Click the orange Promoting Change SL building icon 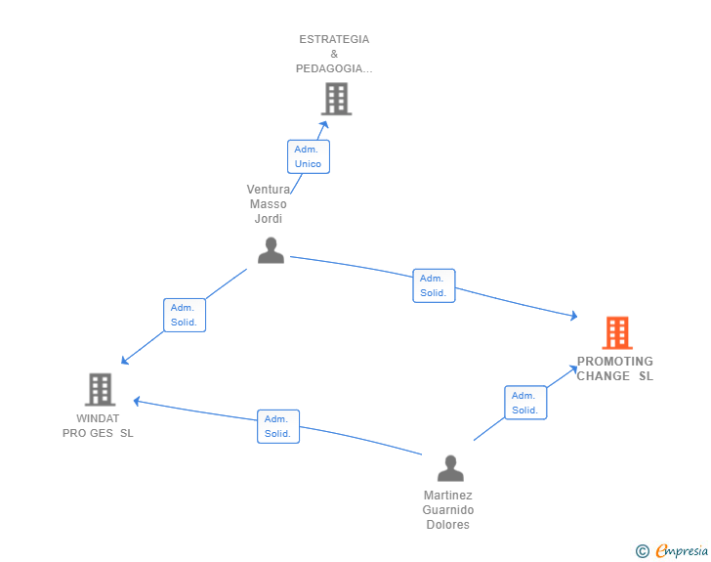[616, 333]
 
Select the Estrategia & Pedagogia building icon [335, 99]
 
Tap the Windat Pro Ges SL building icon [100, 389]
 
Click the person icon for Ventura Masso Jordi [271, 251]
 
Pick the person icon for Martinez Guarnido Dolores [450, 469]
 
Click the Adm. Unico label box [309, 156]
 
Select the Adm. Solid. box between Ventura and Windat [185, 315]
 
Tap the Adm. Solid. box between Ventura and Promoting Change [434, 285]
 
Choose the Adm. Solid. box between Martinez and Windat [278, 426]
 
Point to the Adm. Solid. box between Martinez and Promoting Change [525, 403]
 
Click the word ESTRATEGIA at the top [334, 39]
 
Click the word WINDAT [98, 418]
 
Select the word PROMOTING [614, 362]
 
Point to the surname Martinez [448, 496]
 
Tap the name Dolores [448, 525]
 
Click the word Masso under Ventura [269, 204]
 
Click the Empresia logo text [682, 551]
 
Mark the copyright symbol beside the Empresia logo [643, 551]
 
